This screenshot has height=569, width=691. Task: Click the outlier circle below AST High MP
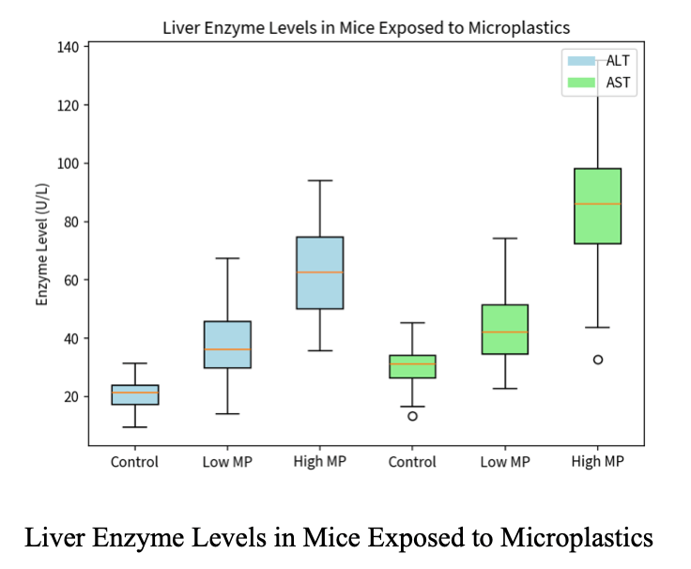pyautogui.click(x=597, y=360)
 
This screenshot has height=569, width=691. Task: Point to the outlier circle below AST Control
pyautogui.click(x=412, y=416)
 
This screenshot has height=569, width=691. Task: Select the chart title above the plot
pyautogui.click(x=366, y=27)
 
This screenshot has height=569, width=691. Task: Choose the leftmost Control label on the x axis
pyautogui.click(x=134, y=462)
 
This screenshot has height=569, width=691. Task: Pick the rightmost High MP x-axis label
pyautogui.click(x=597, y=462)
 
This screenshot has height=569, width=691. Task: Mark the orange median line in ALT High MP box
pyautogui.click(x=319, y=272)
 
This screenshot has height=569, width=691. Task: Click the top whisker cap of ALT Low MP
pyautogui.click(x=227, y=258)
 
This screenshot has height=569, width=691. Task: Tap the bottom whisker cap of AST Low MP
pyautogui.click(x=505, y=388)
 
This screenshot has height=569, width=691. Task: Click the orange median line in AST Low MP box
pyautogui.click(x=505, y=332)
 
